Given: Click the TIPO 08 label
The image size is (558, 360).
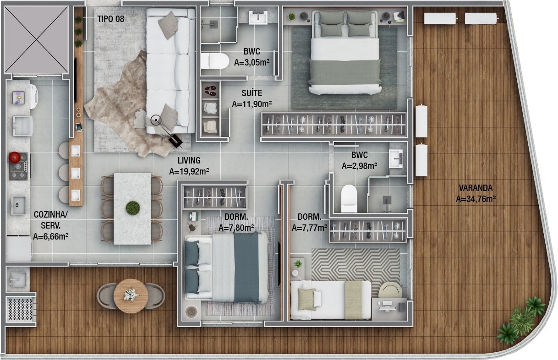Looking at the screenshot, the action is click(110, 19).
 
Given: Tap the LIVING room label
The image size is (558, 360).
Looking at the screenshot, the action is click(189, 161).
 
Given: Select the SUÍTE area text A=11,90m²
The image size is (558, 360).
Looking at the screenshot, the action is click(252, 104).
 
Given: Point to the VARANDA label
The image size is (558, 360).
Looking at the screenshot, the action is click(476, 188).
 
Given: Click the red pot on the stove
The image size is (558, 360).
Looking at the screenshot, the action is click(15, 157).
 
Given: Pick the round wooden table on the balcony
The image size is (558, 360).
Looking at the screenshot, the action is click(131, 296).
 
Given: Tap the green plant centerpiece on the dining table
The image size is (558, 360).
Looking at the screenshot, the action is click(133, 208).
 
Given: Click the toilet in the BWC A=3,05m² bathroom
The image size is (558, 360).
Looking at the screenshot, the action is click(215, 61).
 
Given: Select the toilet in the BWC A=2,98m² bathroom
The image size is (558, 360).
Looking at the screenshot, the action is click(349, 198).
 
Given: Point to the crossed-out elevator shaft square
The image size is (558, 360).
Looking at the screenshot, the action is click(36, 39).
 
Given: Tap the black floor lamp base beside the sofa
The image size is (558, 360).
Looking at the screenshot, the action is click(175, 141).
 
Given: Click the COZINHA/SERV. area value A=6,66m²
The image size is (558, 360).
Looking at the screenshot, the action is click(50, 236).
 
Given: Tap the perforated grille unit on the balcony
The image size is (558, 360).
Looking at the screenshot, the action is click(21, 310).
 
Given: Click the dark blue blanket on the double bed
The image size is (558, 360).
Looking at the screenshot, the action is click(246, 267).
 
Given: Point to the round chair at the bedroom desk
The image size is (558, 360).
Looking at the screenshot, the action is click(390, 290).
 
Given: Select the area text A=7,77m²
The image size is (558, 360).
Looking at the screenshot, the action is click(309, 228).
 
